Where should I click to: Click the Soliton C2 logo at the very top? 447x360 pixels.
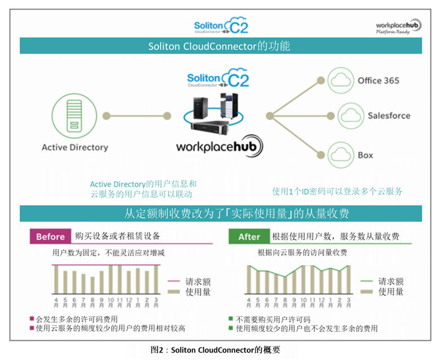220,26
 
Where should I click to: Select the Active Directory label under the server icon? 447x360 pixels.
74,147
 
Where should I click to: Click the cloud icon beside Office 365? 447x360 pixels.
340,81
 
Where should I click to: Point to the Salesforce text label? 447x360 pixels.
389,116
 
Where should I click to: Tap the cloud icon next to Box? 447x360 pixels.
340,154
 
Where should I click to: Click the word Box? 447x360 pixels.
365,155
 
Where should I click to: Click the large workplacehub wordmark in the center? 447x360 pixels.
220,147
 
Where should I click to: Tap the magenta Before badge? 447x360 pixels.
50,236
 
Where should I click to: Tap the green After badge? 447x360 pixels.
249,236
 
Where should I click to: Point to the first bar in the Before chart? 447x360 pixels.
56,280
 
